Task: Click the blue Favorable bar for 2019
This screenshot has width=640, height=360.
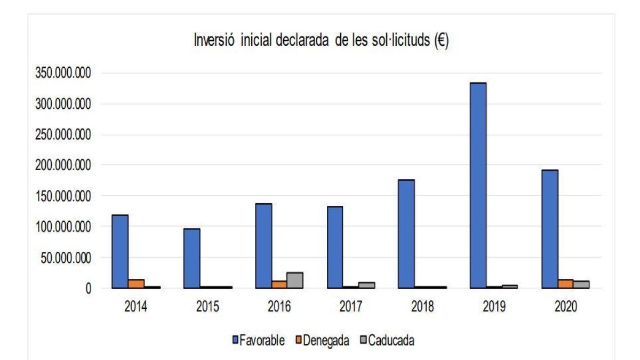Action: coord(478,185)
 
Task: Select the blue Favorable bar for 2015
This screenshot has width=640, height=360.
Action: coord(191,258)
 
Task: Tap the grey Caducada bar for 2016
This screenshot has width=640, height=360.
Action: coord(295,281)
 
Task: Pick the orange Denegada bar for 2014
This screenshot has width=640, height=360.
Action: coord(136,284)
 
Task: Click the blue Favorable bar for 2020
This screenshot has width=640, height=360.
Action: coord(549,229)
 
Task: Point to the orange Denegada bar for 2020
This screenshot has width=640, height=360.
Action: coord(565,284)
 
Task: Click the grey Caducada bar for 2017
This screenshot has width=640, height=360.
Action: coord(366,285)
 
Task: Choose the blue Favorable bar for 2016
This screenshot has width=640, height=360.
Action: coord(263,245)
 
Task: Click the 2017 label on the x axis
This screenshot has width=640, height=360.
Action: coord(350,308)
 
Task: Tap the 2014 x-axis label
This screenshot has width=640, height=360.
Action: coord(136,308)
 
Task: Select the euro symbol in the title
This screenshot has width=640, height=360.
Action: coord(441,42)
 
